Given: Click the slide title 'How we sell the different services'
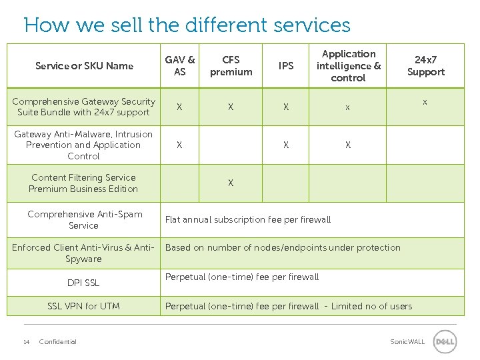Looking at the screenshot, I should click(187, 25).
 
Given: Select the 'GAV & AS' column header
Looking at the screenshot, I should click(180, 65).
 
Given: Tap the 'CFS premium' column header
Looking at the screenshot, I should click(231, 65).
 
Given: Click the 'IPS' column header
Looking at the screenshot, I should click(286, 65).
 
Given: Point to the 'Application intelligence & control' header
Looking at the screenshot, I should click(348, 65).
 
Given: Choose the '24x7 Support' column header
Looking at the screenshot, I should click(425, 65).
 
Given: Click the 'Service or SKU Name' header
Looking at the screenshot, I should click(84, 65).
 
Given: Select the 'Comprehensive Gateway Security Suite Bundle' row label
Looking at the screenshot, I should click(84, 107).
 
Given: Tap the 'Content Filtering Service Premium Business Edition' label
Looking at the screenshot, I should click(83, 183).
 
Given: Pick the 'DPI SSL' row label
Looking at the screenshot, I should click(83, 283).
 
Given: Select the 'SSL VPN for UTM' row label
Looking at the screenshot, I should click(83, 306).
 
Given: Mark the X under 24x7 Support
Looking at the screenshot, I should click(424, 103).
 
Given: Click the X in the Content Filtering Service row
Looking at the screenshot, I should click(231, 183).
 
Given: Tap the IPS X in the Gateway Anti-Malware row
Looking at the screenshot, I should click(286, 145).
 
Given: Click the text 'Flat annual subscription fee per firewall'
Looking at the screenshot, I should click(248, 219).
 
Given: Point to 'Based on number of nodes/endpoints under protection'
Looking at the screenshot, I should click(283, 247).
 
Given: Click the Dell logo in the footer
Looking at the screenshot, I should click(445, 342).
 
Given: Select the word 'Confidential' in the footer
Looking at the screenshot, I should click(58, 342).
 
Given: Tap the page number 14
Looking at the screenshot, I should click(26, 342).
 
